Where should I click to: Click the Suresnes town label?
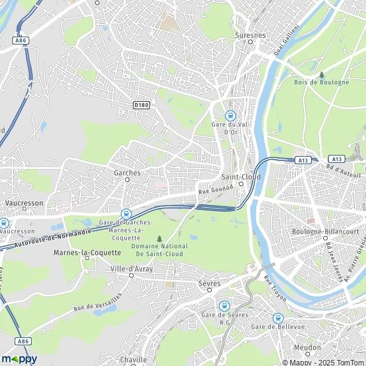[250, 35]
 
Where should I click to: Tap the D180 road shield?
[141, 105]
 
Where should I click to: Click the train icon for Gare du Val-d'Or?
[230, 115]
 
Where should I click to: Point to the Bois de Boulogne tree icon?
[321, 74]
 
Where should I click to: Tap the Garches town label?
[127, 173]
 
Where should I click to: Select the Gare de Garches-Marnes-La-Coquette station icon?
[126, 213]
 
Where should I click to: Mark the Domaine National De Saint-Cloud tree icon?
[160, 239]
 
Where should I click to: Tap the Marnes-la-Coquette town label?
[80, 252]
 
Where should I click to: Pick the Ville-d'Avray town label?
[132, 268]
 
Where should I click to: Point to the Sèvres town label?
[209, 284]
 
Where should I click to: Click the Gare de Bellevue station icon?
[278, 318]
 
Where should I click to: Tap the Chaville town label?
[134, 360]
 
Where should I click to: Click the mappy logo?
[19, 359]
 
